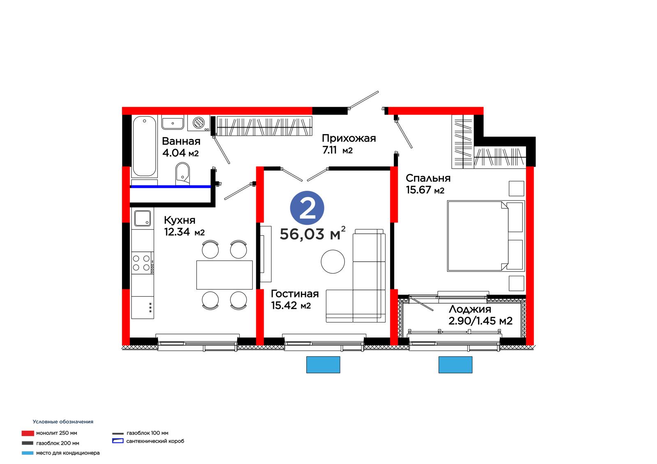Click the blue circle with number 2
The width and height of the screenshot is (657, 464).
coord(307,208)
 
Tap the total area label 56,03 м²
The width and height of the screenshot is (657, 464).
coord(312,233)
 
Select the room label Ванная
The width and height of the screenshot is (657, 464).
coord(181,141)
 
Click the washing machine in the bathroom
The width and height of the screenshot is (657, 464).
coord(199,123)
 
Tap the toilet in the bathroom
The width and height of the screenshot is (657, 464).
coord(182,174)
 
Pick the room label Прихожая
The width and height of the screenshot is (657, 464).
coord(349,138)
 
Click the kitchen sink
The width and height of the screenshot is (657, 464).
coord(142,219)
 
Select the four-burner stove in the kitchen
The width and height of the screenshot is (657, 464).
coord(142,263)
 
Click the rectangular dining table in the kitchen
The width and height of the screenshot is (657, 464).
coord(224,275)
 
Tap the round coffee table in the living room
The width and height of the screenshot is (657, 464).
coord(333,262)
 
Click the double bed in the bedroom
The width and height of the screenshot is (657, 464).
coord(486,236)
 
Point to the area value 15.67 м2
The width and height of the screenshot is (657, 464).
coord(425,190)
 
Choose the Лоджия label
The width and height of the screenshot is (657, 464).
coord(470,309)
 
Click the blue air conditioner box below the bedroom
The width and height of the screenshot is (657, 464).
coord(455,365)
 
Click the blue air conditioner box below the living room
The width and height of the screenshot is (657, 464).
coord(323,365)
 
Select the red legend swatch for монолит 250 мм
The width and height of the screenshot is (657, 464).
coord(28,433)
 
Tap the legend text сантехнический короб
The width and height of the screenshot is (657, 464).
coord(155,441)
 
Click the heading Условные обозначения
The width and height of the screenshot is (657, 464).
coord(63,422)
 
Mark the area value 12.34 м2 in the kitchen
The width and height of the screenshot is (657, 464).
coord(184,232)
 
